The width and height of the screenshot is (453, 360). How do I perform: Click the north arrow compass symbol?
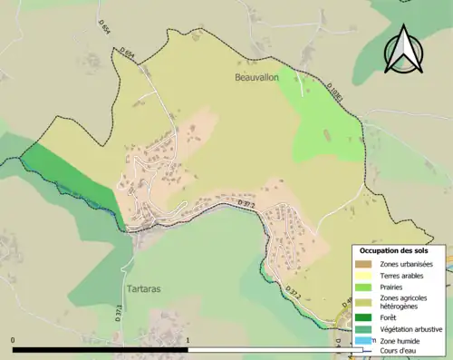[x=404, y=51]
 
